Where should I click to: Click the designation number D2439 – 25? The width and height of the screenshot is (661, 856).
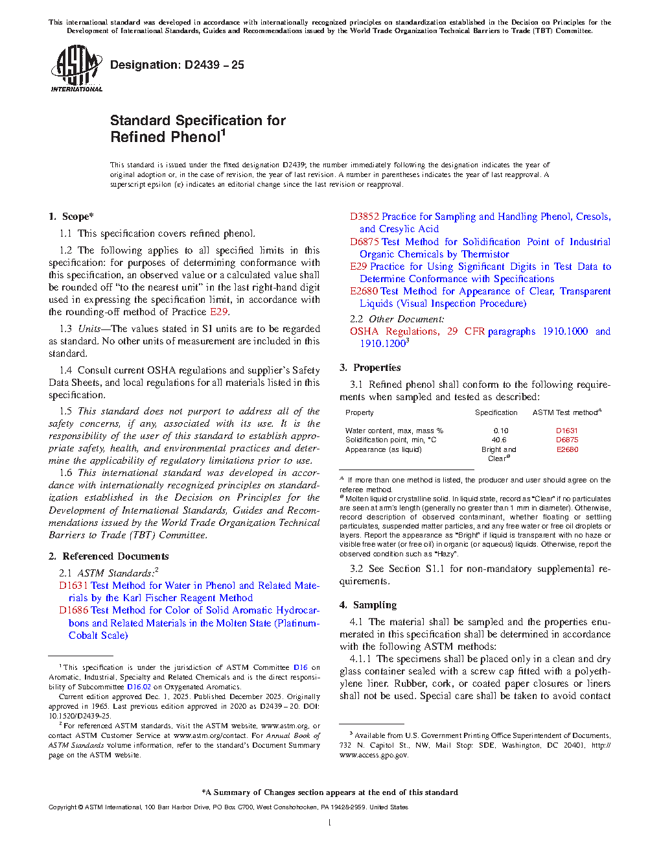point(177,65)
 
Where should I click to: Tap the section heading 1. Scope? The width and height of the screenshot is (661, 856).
point(71,217)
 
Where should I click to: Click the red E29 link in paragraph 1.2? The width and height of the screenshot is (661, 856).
point(218,312)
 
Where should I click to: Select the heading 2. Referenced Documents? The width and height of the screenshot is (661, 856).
point(109,556)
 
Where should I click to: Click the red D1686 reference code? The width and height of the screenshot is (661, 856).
point(73,610)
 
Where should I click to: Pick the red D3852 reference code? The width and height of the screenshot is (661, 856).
point(364,217)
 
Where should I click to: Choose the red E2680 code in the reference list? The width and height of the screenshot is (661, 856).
point(364,291)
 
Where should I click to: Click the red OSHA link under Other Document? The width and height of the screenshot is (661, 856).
point(364,331)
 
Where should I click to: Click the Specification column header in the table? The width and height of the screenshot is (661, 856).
point(496,412)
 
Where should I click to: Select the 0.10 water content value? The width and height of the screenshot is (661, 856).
point(501,431)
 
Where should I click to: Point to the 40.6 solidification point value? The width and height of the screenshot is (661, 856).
point(499,440)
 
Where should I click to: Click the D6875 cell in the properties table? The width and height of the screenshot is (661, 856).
point(567,440)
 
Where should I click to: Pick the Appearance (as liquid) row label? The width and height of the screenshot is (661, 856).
point(384,449)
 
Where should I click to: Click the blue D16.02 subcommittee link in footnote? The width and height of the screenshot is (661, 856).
point(139,687)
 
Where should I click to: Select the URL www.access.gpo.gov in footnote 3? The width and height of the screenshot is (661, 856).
point(374,755)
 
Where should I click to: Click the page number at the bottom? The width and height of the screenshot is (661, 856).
point(330,823)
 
